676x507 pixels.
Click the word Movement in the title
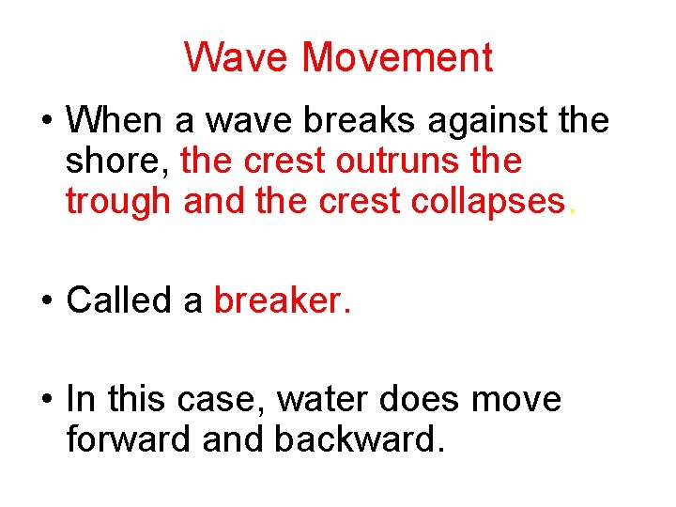pyautogui.click(x=397, y=58)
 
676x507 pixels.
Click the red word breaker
pyautogui.click(x=279, y=300)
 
